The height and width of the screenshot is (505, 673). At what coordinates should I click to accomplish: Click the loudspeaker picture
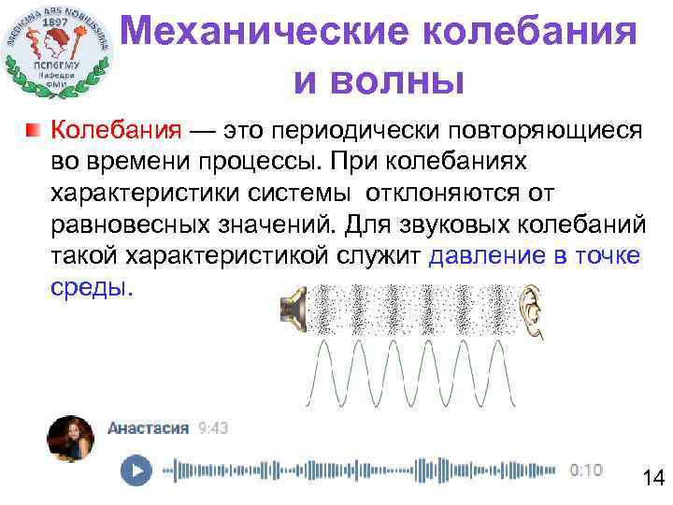294,309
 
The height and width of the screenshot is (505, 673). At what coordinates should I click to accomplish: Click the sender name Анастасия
148,428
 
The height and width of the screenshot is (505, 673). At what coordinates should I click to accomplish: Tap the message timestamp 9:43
212,428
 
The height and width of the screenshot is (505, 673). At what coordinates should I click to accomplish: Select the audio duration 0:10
587,469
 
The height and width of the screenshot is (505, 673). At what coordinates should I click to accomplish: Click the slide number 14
652,479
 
